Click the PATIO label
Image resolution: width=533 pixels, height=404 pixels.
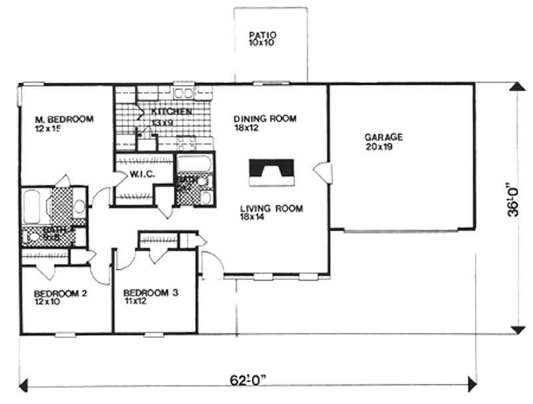[262, 35]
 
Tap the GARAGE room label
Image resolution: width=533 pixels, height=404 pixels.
[383, 137]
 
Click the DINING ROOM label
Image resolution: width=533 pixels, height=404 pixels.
[265, 119]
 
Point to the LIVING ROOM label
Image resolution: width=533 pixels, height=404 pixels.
[271, 209]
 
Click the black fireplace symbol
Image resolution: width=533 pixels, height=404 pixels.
[271, 173]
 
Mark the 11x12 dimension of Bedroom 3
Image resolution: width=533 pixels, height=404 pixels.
[134, 301]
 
